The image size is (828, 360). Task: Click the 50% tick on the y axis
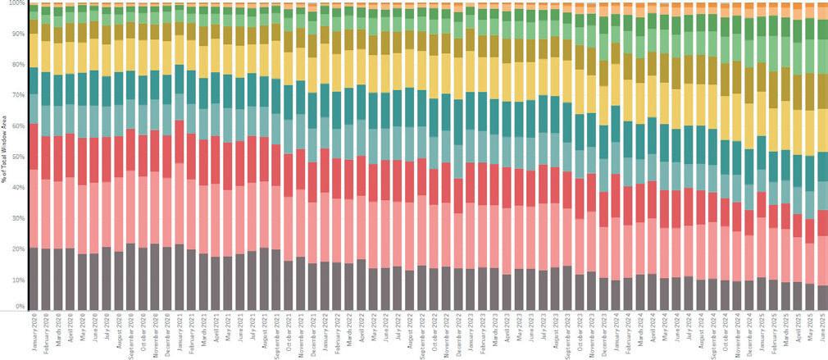pyautogui.click(x=18, y=157)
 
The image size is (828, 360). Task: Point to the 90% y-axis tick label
pyautogui.click(x=18, y=34)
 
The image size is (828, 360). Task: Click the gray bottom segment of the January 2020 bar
pyautogui.click(x=34, y=279)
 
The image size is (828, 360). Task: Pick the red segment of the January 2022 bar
pyautogui.click(x=325, y=171)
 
